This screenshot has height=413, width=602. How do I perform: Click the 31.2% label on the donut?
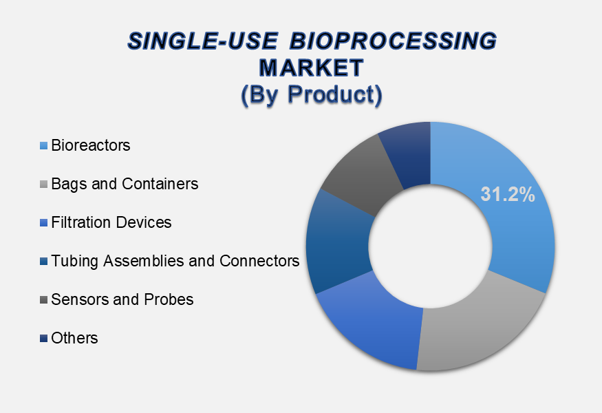(508, 194)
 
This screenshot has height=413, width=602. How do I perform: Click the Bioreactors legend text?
(91, 146)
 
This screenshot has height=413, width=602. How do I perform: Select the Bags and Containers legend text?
(125, 184)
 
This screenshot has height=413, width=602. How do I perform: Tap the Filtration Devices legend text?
(111, 222)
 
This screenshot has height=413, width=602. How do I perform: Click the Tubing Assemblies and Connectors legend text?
(175, 261)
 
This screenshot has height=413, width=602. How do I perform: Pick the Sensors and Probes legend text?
(122, 299)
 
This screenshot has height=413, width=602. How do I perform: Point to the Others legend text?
(74, 338)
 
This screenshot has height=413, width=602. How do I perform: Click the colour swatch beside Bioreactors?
(44, 146)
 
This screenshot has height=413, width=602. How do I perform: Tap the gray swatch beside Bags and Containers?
(44, 184)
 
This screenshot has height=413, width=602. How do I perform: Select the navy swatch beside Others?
(44, 338)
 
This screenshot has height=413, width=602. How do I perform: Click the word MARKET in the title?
(312, 68)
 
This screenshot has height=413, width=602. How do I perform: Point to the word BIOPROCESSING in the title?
(393, 41)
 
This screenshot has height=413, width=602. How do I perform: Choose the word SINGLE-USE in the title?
(202, 41)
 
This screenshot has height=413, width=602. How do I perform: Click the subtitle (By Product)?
(312, 94)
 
